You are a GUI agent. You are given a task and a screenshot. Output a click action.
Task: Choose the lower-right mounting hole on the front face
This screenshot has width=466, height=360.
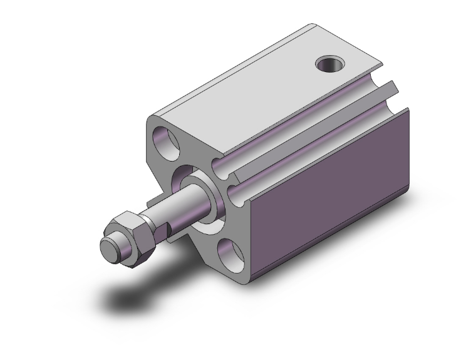pyautogui.click(x=231, y=254)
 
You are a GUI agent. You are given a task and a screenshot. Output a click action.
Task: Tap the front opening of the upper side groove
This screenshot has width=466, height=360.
pyautogui.click(x=218, y=167)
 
